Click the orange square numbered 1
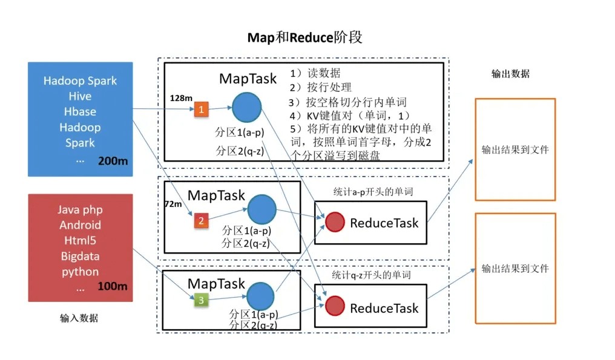point(201,110)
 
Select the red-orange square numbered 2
point(201,221)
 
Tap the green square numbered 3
point(201,299)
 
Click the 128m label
point(181,97)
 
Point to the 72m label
point(173,205)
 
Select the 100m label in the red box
point(112,286)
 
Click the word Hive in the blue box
point(80,96)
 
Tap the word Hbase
point(80,112)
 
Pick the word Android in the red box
point(80,225)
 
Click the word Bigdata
point(80,257)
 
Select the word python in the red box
point(80,272)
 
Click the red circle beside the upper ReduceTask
point(335,222)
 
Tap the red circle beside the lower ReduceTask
point(335,306)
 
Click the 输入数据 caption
point(79,318)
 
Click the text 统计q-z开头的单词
point(372,275)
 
